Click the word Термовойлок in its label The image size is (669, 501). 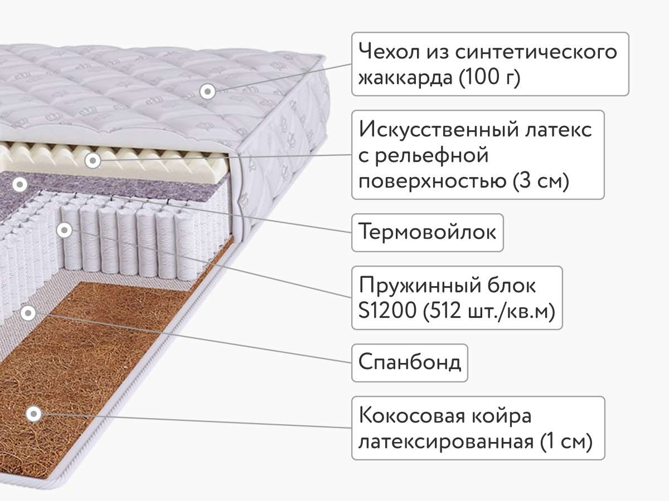(x=428, y=232)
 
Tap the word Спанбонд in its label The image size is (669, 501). (x=410, y=362)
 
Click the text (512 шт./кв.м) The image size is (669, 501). (x=489, y=312)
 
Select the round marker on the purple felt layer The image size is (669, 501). (x=20, y=183)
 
